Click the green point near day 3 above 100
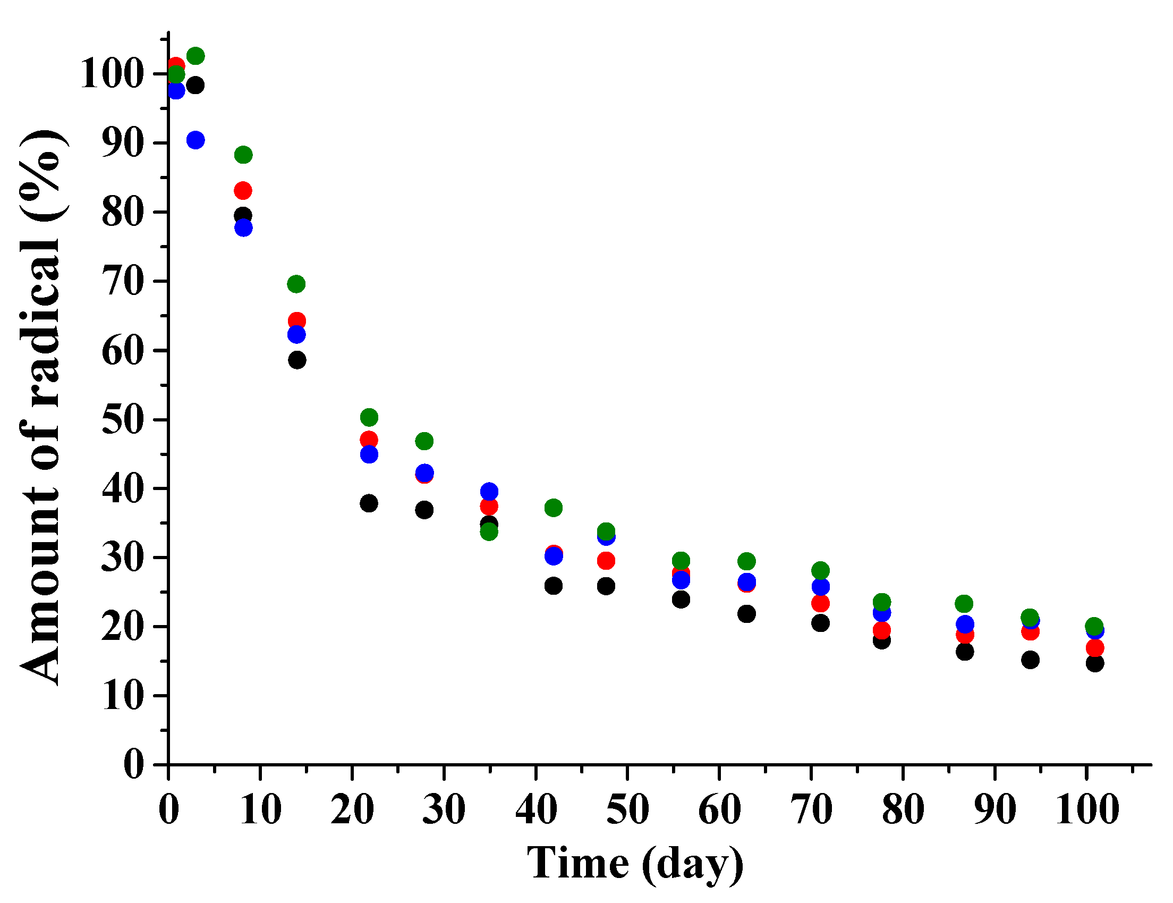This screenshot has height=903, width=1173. [x=195, y=56]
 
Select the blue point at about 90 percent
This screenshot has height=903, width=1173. [x=195, y=140]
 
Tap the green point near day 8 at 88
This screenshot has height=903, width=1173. [x=243, y=155]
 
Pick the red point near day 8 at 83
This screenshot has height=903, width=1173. [x=243, y=191]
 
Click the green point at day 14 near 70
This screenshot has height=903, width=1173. [x=296, y=284]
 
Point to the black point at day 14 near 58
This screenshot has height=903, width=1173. [x=297, y=360]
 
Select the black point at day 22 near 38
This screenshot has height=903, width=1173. [x=369, y=504]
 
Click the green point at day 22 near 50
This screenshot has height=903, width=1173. [x=369, y=417]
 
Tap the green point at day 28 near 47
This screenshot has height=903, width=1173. [x=424, y=442]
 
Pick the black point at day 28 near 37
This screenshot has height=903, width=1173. [x=424, y=510]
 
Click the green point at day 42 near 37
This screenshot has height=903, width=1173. [x=554, y=508]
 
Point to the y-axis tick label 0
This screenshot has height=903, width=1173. [x=134, y=765]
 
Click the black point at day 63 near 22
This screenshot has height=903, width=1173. [x=746, y=614]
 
